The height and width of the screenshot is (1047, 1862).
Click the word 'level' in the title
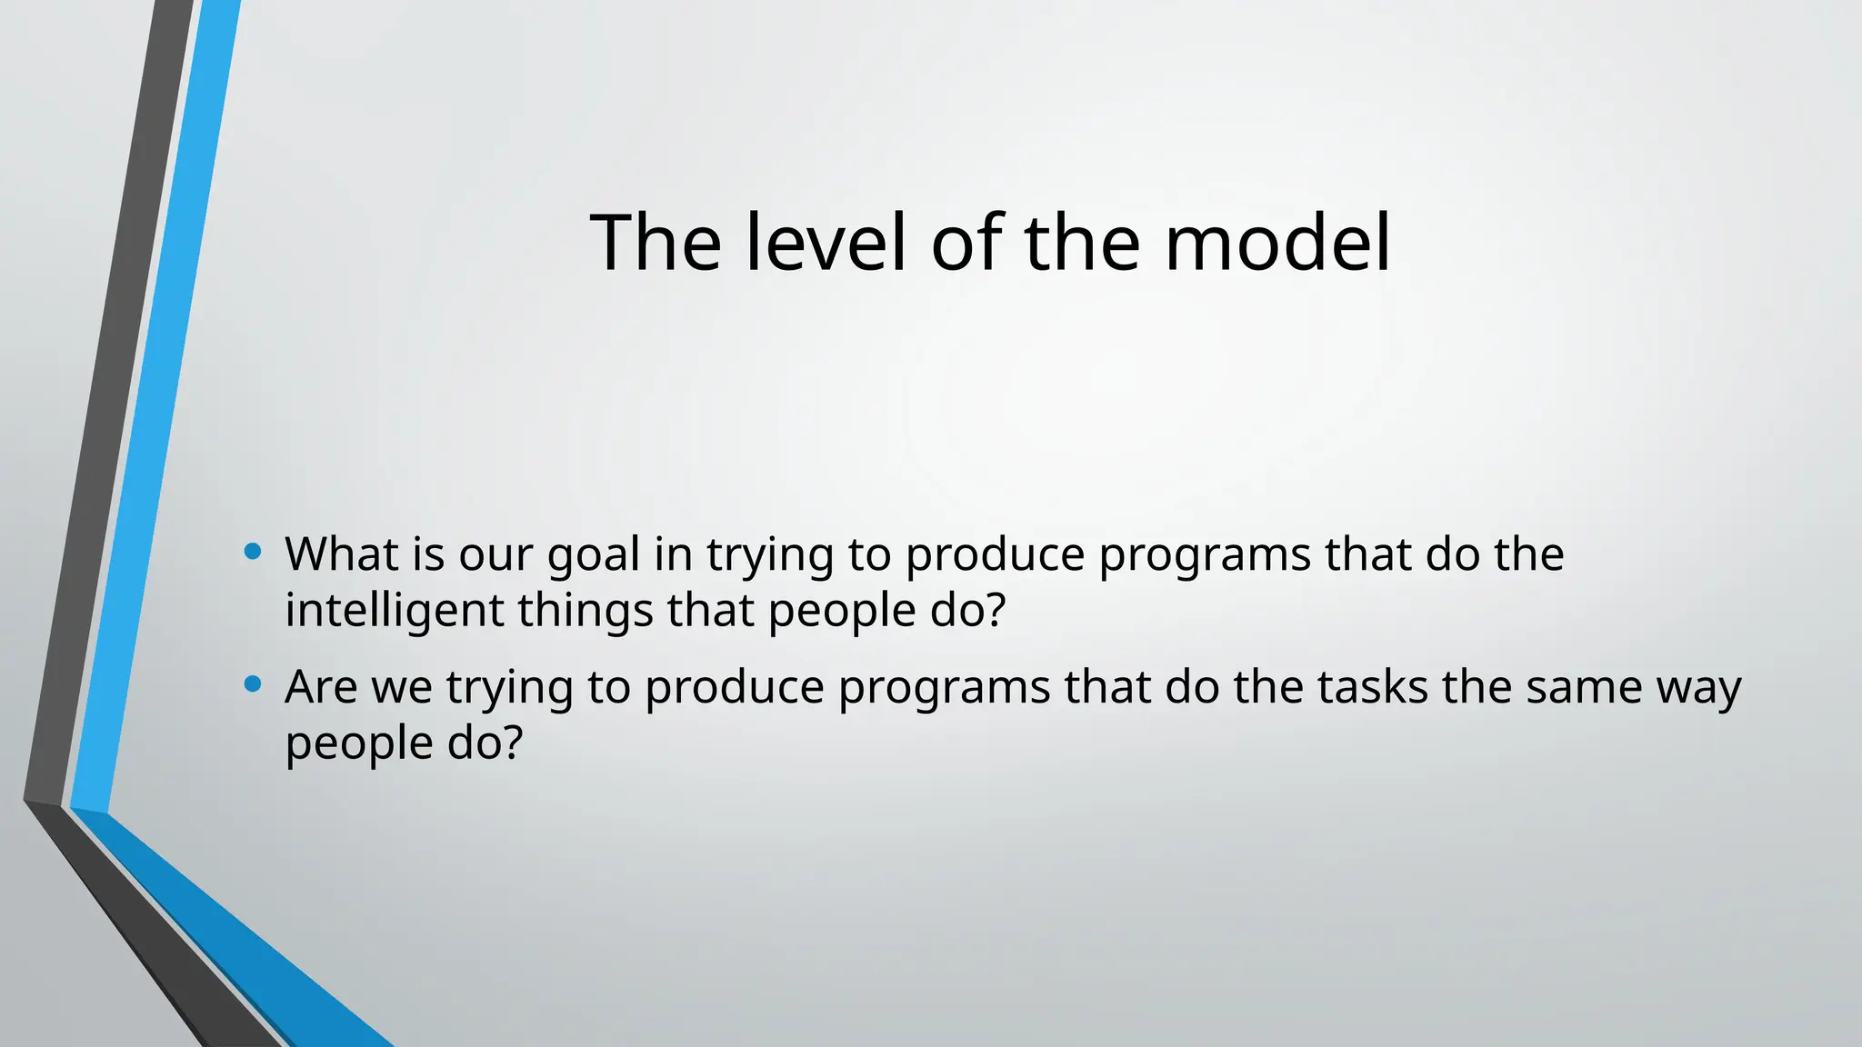(826, 243)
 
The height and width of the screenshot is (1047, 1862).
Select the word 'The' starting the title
(656, 243)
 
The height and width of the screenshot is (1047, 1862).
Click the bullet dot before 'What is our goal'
(254, 551)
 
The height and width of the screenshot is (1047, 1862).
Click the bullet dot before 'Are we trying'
(254, 683)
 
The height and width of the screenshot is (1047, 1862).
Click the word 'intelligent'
(394, 610)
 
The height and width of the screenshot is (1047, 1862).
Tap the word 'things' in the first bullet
(586, 610)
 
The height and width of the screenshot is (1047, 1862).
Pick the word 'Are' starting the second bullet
(321, 687)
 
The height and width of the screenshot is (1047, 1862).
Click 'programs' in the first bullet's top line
(1205, 555)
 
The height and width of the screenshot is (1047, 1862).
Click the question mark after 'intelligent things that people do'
(996, 610)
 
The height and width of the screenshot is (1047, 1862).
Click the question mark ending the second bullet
(513, 743)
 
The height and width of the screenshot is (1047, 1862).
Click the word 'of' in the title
(968, 243)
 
